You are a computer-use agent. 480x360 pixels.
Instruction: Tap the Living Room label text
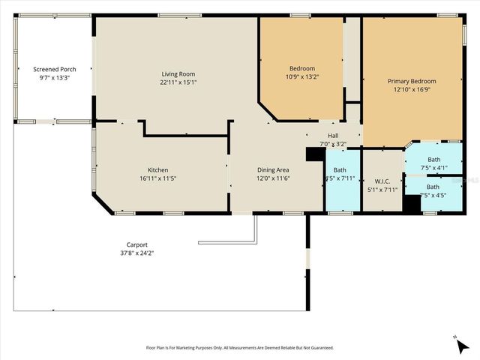[x=178, y=73]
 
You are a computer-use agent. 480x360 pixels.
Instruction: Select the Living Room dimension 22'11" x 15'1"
[x=178, y=82]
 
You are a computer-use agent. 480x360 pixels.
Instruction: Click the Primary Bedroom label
[x=411, y=81]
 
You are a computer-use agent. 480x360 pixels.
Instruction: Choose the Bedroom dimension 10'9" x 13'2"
[x=302, y=76]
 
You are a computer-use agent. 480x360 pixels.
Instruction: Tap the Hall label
[x=333, y=136]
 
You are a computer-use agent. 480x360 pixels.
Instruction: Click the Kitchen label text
[x=157, y=169]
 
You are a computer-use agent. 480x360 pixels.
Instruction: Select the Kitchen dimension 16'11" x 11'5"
[x=157, y=178]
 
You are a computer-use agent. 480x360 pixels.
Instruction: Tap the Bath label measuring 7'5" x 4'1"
[x=434, y=159]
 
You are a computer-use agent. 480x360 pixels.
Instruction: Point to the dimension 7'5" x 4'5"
[x=434, y=195]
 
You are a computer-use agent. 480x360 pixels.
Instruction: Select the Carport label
[x=136, y=244]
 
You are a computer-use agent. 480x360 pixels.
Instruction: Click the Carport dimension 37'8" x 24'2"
[x=136, y=253]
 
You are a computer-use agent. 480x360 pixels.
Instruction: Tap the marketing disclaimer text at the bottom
[x=239, y=348]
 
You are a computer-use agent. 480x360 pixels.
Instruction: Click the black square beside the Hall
[x=315, y=154]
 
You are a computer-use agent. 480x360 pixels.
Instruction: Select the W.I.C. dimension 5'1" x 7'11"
[x=382, y=190]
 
